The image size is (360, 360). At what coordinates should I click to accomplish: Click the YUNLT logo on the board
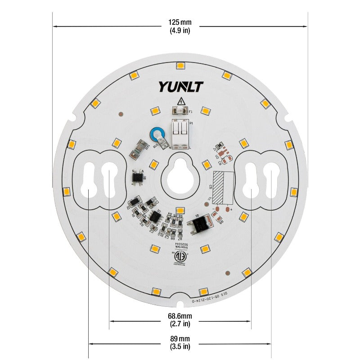pyautogui.click(x=181, y=86)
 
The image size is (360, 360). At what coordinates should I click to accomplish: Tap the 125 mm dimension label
pyautogui.click(x=180, y=22)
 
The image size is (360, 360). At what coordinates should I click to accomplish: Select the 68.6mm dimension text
pyautogui.click(x=180, y=315)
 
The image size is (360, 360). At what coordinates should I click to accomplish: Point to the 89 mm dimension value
pyautogui.click(x=180, y=338)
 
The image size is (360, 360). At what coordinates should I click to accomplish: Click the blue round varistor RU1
pyautogui.click(x=157, y=135)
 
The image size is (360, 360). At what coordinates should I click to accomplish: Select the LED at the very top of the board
pyautogui.click(x=180, y=66)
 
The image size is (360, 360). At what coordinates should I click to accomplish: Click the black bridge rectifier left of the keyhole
pyautogui.click(x=138, y=177)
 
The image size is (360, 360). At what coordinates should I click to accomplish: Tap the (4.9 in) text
pyautogui.click(x=180, y=31)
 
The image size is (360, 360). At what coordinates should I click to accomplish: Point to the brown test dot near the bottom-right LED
pyautogui.click(x=229, y=272)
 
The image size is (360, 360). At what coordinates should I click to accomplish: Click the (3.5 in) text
pyautogui.click(x=180, y=346)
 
